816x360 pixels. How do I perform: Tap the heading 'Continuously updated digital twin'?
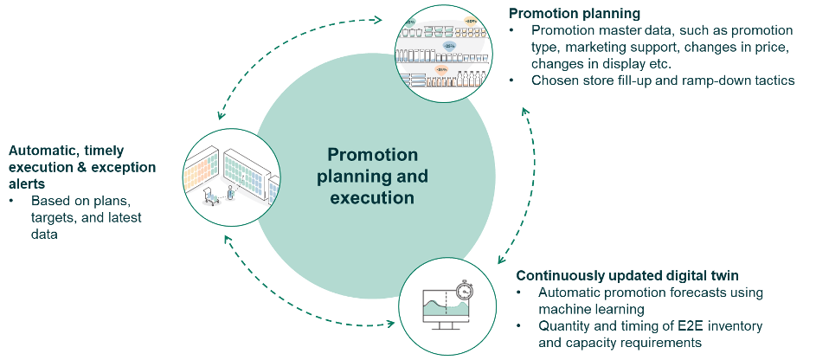[627, 276]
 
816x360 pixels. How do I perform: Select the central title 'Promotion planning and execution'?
[372, 176]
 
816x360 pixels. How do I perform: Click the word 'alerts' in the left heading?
[29, 183]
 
